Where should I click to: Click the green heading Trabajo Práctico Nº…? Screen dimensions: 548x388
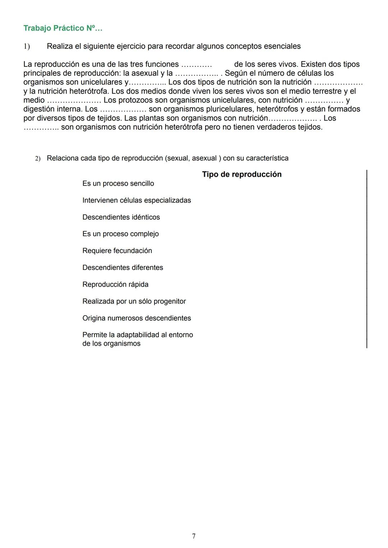pos(63,28)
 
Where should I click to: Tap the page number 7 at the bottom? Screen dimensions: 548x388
pos(194,536)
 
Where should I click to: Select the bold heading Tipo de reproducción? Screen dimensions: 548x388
pos(242,174)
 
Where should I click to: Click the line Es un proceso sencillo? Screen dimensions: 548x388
pos(118,184)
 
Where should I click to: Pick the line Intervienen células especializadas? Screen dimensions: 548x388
pos(137,201)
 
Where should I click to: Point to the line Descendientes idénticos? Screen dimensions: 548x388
pos(121,217)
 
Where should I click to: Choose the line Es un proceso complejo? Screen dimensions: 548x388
pos(120,234)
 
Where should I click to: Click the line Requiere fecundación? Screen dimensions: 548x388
pos(117,251)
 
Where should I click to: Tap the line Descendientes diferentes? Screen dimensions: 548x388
pos(123,268)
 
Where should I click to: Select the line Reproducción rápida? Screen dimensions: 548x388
pos(115,285)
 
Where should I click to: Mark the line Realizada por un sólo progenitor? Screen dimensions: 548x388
pos(134,301)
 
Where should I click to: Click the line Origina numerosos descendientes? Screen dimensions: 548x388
pos(137,318)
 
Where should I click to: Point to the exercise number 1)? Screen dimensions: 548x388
pos(27,46)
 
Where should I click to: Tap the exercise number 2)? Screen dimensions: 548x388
pos(38,158)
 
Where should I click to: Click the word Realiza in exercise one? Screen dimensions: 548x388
pos(60,46)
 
